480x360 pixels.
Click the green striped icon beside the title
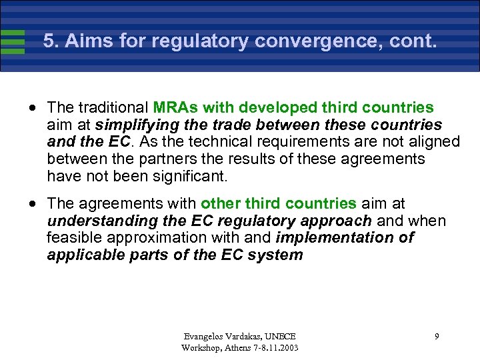click(13, 41)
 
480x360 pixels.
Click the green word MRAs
click(174, 107)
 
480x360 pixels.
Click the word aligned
click(434, 141)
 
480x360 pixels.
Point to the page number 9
click(437, 337)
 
